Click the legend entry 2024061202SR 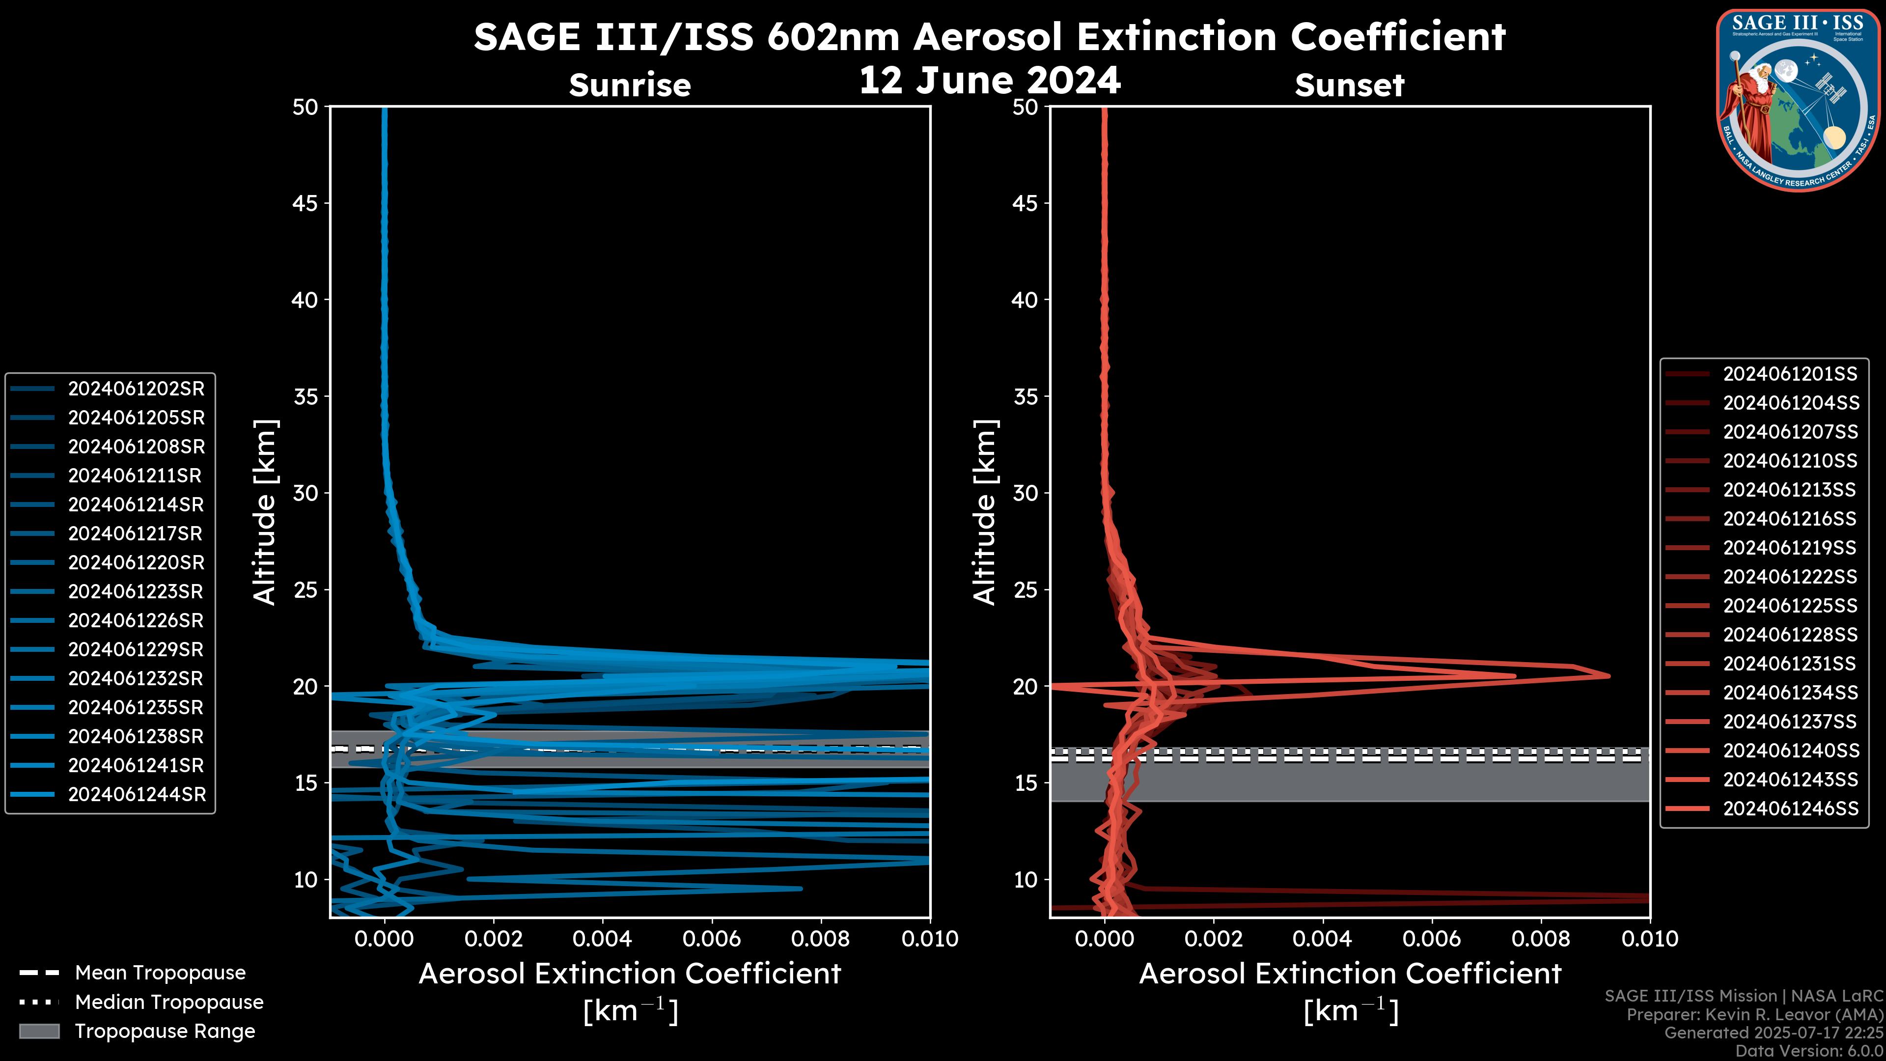coord(136,389)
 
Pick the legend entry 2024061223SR coord(136,591)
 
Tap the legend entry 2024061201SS coord(1790,374)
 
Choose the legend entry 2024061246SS coord(1790,809)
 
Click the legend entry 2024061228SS coord(1790,635)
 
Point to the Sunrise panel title coord(630,85)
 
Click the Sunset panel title coord(1349,85)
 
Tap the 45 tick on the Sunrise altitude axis coord(305,203)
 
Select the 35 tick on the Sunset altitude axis coord(1025,397)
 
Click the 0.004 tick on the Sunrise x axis coord(603,939)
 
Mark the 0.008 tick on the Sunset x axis coord(1541,939)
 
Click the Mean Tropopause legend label coord(160,973)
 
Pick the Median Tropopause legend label coord(169,1003)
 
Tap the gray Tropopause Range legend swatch coord(39,1031)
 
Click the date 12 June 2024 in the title coord(989,81)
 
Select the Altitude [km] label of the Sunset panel coord(985,512)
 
